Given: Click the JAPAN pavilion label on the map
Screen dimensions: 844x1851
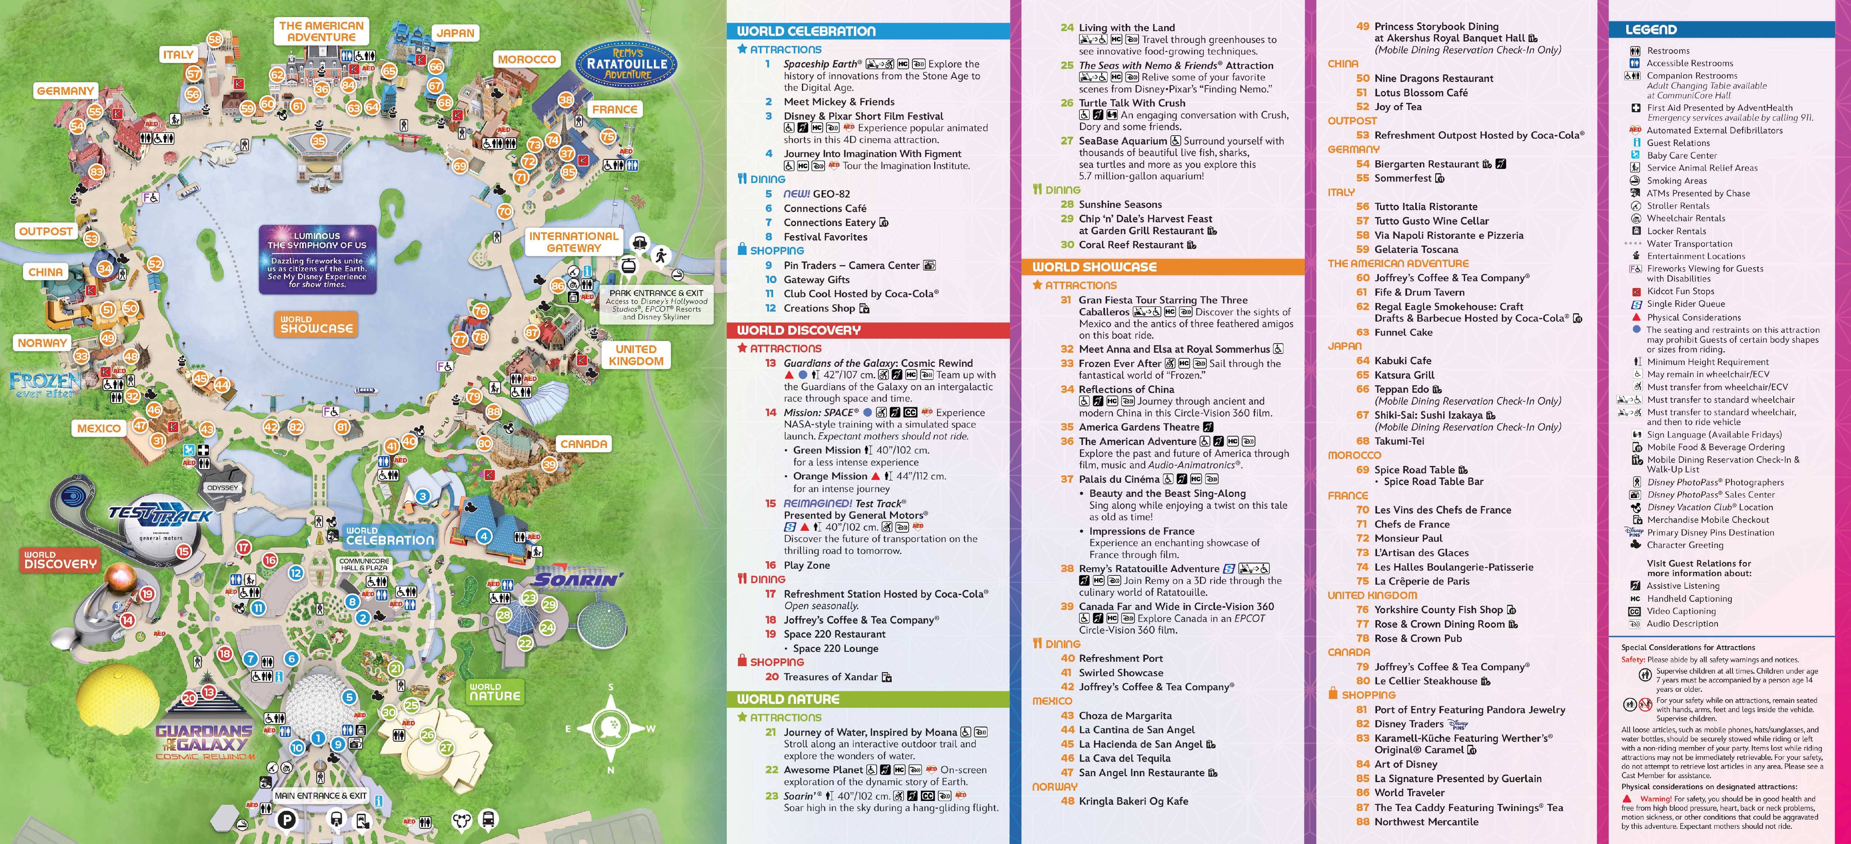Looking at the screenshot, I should pyautogui.click(x=455, y=33).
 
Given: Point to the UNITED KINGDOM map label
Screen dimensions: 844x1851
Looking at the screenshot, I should pyautogui.click(x=636, y=355).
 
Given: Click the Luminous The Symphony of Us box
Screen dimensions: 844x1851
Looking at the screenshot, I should pyautogui.click(x=318, y=259).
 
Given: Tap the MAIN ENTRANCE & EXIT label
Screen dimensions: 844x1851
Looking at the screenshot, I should pyautogui.click(x=321, y=796).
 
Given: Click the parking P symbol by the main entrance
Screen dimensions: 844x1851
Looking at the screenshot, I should pyautogui.click(x=286, y=820).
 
